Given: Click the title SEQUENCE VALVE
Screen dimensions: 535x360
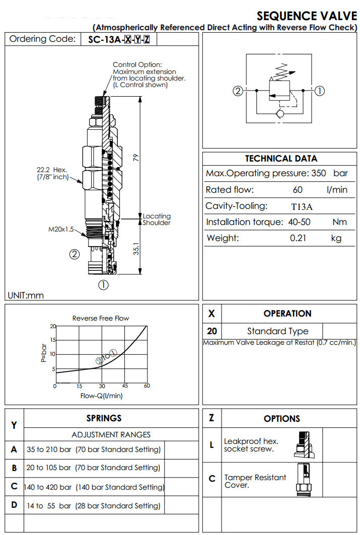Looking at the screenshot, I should (x=307, y=16).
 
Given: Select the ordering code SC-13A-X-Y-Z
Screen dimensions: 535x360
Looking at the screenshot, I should (x=119, y=39).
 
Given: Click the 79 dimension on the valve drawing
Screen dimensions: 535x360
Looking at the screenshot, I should (x=135, y=157).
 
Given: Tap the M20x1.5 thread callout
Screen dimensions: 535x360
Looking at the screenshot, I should (x=61, y=230).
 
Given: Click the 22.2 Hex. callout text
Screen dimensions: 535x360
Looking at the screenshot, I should (x=51, y=170).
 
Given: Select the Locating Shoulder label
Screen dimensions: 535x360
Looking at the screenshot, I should (x=157, y=219).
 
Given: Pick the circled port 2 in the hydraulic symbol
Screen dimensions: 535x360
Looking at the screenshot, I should (x=238, y=91).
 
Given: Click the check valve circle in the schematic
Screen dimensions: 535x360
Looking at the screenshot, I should (x=280, y=114).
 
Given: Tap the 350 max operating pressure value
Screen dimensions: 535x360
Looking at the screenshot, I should (x=319, y=174).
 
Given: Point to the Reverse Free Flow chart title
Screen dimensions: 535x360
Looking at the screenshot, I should (x=101, y=318).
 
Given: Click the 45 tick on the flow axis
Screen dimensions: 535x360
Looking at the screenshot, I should (x=125, y=386).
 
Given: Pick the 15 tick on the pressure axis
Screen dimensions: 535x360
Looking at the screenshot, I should (x=53, y=340).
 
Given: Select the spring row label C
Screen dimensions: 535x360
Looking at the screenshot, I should (x=14, y=487).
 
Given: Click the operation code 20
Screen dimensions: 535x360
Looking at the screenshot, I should (x=212, y=331).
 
